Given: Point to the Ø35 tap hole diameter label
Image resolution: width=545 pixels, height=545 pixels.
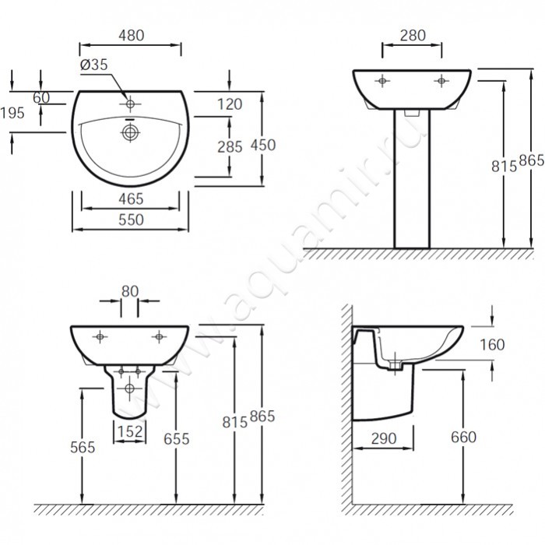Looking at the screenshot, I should pos(93,65).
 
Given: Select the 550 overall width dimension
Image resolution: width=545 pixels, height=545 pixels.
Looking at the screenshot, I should pos(130,220).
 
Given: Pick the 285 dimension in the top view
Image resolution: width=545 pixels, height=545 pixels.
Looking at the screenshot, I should pos(230,145).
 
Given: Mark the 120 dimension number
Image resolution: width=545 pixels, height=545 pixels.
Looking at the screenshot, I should pos(230,104).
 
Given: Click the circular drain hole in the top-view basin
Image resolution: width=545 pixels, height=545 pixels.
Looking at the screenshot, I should pos(129,133).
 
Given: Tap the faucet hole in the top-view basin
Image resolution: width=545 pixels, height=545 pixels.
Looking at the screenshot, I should pos(129,102).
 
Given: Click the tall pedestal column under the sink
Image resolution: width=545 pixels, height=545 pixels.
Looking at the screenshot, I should pos(412,179).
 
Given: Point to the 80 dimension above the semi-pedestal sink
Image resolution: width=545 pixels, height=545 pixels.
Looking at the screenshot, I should pos(129,290).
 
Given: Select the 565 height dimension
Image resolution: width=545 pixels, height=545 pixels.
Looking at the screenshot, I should pos(81,447).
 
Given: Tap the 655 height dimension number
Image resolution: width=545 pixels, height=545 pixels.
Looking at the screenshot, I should pos(178,438).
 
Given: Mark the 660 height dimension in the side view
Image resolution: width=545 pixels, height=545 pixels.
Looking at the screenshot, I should pos(462,438).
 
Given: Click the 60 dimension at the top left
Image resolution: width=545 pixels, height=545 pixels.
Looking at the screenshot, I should pos(41,97).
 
